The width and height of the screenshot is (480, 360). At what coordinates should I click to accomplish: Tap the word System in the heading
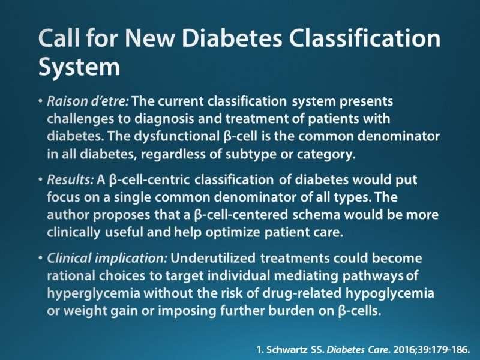point(79,68)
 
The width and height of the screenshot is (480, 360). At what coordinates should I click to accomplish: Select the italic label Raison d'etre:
point(88,101)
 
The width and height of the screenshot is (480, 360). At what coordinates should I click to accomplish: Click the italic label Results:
point(70,179)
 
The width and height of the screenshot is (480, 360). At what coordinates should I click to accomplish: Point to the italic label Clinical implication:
point(107,259)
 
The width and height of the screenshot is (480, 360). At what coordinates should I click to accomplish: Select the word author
point(68,215)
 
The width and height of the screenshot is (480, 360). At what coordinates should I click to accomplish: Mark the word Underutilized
point(213,258)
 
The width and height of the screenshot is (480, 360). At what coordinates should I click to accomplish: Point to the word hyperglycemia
point(94,293)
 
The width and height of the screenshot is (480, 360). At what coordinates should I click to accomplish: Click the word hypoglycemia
point(389,293)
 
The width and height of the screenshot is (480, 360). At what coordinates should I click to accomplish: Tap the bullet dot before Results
point(40,179)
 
